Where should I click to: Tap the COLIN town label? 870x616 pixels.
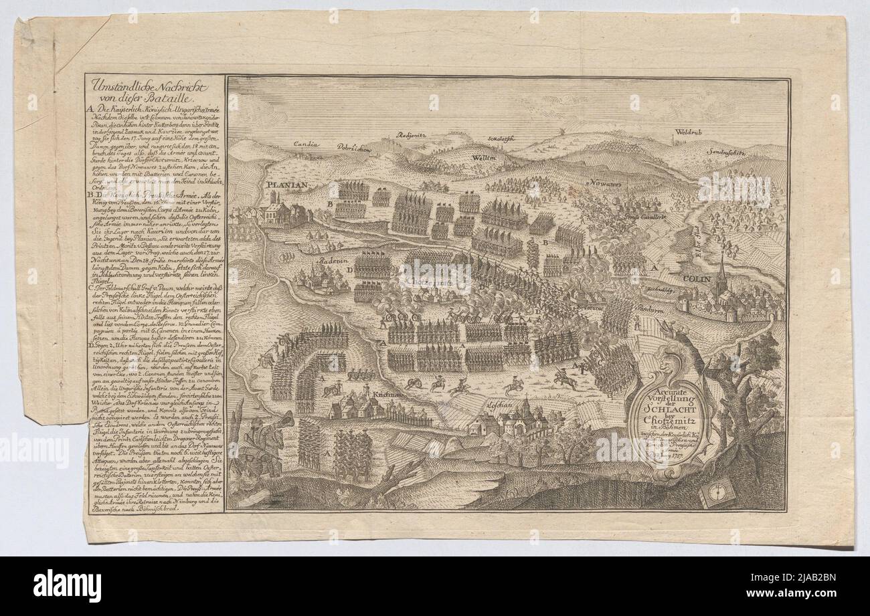click(x=698, y=274)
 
